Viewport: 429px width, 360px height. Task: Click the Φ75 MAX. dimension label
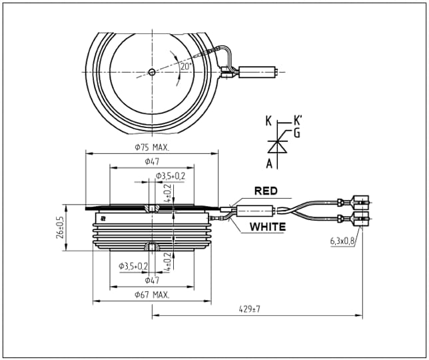pyautogui.click(x=152, y=147)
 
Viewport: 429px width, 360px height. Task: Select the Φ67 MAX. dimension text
pyautogui.click(x=152, y=295)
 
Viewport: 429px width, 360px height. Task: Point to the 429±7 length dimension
pyautogui.click(x=250, y=309)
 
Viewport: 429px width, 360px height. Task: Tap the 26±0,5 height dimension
pyautogui.click(x=60, y=227)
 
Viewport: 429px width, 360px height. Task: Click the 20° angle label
pyautogui.click(x=186, y=67)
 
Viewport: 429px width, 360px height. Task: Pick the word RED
pyautogui.click(x=266, y=191)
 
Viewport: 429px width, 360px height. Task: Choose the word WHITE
pyautogui.click(x=268, y=227)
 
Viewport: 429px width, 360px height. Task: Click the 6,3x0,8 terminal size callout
pyautogui.click(x=342, y=241)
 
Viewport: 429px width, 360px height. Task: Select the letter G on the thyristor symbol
pyautogui.click(x=297, y=133)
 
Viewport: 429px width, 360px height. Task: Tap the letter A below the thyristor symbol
pyautogui.click(x=270, y=164)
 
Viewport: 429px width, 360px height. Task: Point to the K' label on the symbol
pyautogui.click(x=298, y=121)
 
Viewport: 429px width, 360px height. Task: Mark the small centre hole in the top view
pyautogui.click(x=152, y=72)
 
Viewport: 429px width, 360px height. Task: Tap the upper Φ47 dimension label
pyautogui.click(x=152, y=162)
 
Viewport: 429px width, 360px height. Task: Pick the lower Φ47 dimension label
pyautogui.click(x=152, y=280)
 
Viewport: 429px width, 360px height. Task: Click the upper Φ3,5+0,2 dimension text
pyautogui.click(x=171, y=176)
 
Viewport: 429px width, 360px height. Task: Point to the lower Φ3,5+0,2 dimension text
pyautogui.click(x=133, y=266)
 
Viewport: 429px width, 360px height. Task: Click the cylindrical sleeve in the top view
pyautogui.click(x=257, y=72)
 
